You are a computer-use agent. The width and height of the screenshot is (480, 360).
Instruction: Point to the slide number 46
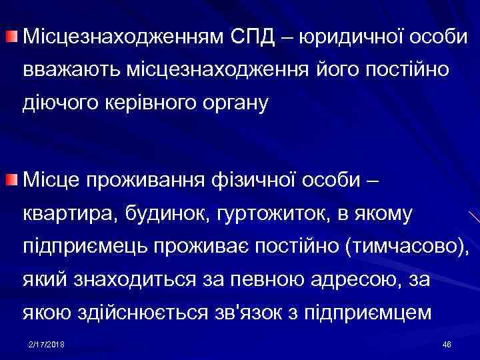click(x=446, y=343)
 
